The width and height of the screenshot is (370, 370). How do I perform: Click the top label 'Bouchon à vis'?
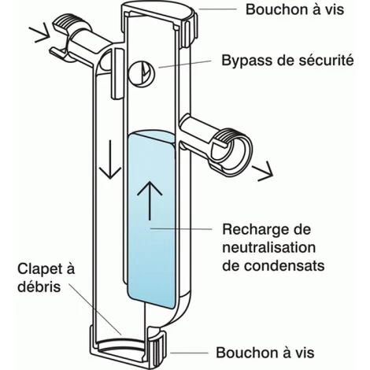coord(294,9)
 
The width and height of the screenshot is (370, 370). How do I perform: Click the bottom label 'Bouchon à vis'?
coord(265,352)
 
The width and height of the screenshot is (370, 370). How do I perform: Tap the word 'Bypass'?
coord(247,61)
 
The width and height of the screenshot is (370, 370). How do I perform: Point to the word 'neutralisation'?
coord(269,247)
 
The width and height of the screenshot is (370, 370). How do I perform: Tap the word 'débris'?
coord(39,286)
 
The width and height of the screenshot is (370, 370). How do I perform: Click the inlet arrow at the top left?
coord(39,32)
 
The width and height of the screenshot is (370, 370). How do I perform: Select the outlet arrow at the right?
coord(262,171)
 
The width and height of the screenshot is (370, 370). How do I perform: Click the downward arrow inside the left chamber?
coord(110,160)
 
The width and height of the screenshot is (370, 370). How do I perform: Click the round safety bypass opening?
coord(141,72)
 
